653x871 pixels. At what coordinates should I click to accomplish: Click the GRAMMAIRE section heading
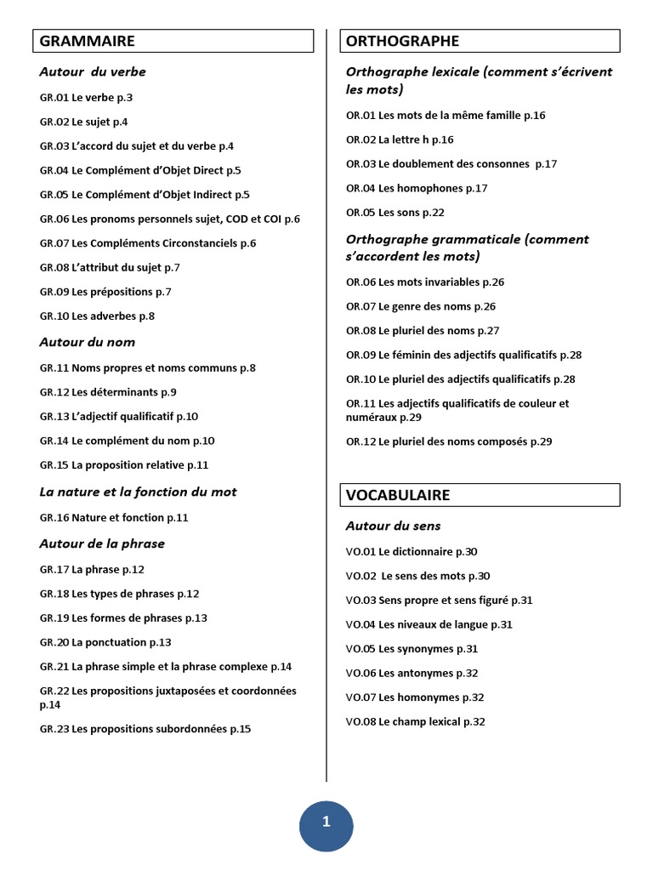(x=88, y=41)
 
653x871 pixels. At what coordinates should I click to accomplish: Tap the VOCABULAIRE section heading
(x=398, y=495)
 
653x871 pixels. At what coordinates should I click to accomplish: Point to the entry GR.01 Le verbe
(x=86, y=97)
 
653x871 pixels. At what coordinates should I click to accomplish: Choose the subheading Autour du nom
(x=88, y=342)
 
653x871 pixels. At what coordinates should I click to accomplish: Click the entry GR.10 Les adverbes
(x=97, y=316)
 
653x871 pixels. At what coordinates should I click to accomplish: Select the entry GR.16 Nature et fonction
(x=114, y=517)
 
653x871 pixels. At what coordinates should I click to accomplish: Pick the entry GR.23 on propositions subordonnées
(x=145, y=728)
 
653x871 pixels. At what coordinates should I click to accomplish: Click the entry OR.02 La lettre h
(x=400, y=139)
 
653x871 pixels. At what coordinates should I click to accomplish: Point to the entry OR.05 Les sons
(x=395, y=213)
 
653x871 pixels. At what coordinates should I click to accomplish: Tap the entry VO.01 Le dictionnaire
(x=412, y=551)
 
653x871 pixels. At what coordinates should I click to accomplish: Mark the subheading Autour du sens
(x=393, y=526)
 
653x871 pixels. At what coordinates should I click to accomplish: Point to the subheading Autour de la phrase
(x=102, y=544)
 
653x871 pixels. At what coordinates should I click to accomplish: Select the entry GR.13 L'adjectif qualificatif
(x=119, y=416)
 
